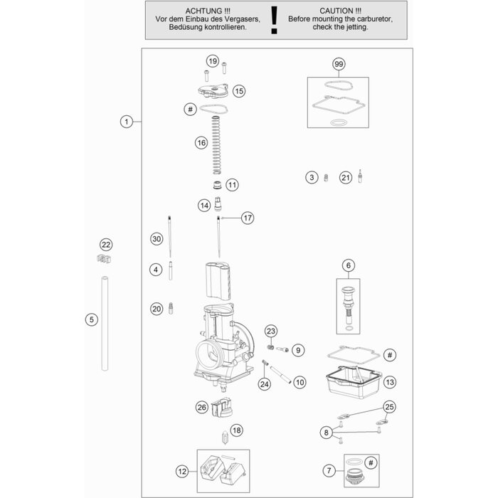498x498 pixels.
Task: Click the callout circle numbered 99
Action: point(339,65)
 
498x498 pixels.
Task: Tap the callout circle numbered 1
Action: point(126,122)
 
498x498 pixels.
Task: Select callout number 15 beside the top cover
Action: point(238,91)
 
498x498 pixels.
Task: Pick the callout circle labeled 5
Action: point(91,320)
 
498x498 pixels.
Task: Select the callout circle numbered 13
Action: point(389,382)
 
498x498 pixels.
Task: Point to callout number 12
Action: point(182,470)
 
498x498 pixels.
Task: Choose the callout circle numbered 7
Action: point(328,470)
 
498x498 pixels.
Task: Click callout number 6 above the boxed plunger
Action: point(349,266)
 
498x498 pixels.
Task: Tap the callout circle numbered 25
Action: point(388,407)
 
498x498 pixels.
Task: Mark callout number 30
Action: point(157,239)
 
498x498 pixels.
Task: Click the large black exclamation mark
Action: point(274,21)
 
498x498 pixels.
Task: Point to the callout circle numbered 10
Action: point(299,382)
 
